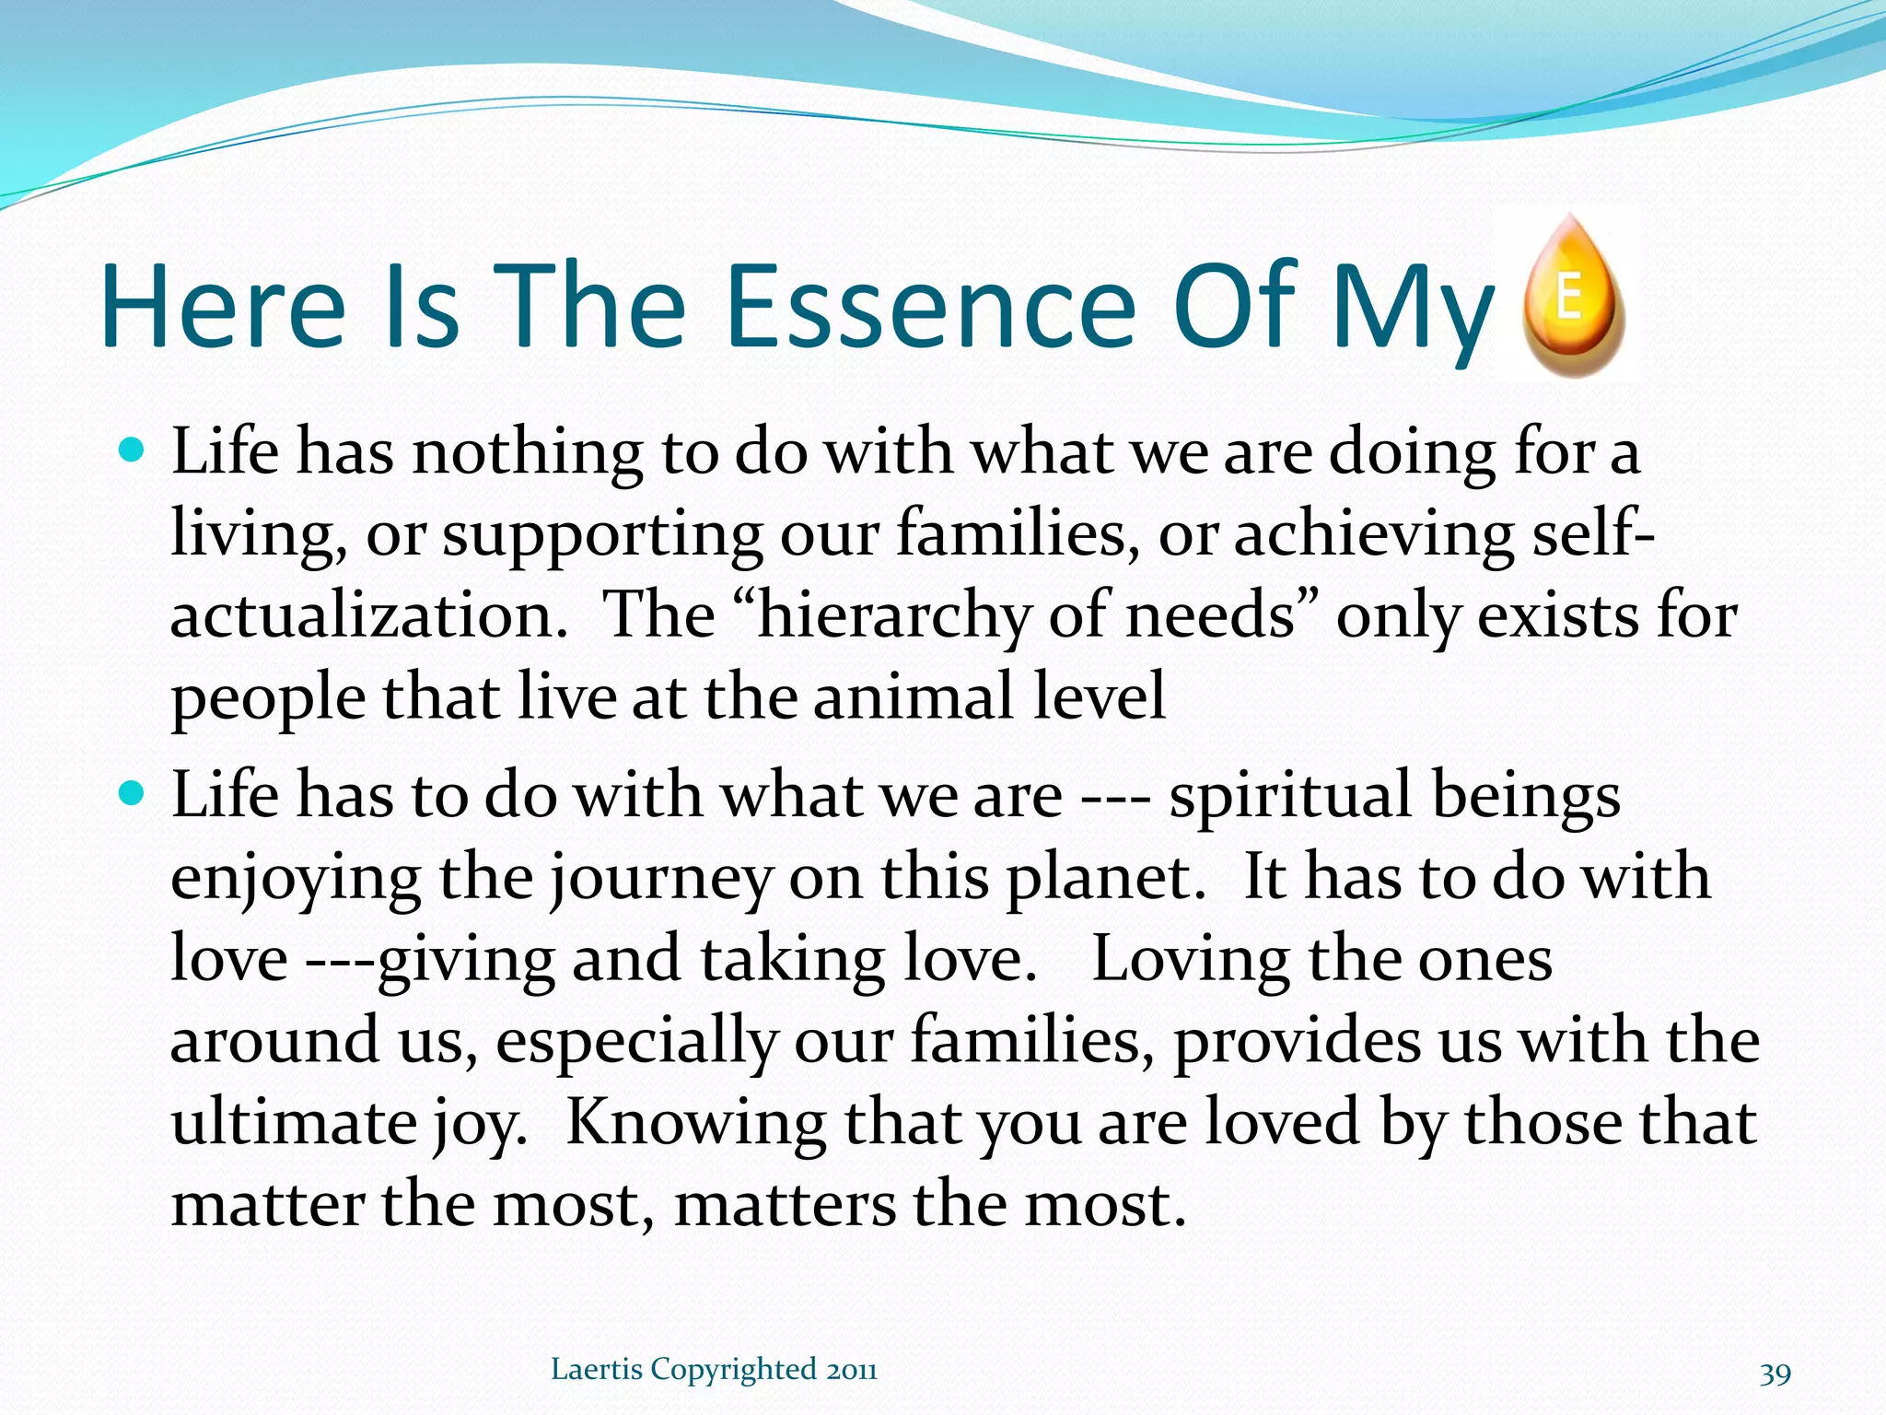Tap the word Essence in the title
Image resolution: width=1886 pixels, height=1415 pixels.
coord(931,306)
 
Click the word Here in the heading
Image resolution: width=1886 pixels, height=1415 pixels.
coord(224,306)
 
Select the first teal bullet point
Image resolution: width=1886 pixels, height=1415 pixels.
coord(134,451)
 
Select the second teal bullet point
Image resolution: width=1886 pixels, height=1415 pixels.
coord(134,793)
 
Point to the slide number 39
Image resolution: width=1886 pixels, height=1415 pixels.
coord(1775,1374)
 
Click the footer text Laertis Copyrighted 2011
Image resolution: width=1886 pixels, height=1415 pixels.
coord(714,1370)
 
